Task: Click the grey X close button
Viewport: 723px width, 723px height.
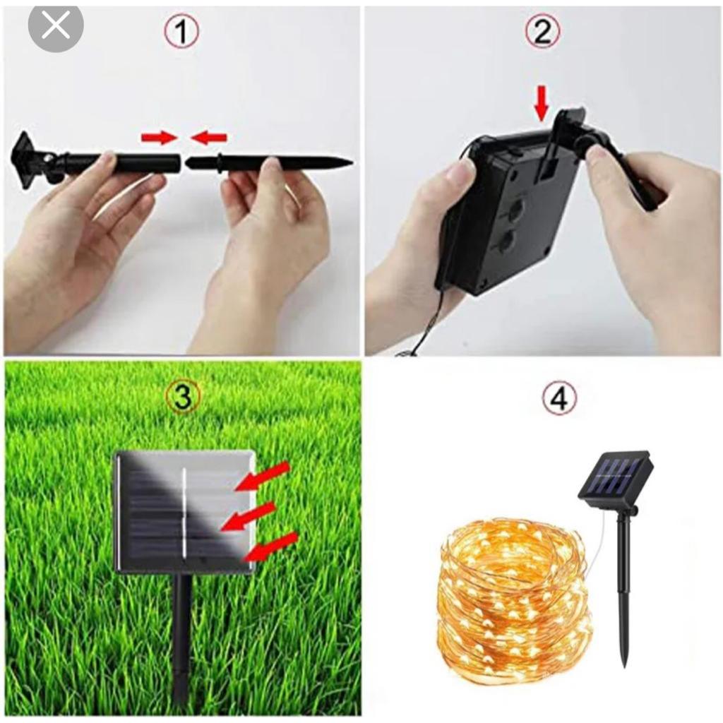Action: coord(55,27)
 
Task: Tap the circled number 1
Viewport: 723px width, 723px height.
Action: coord(182,31)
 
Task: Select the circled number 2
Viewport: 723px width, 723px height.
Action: coord(543,31)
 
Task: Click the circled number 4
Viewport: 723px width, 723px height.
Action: coord(560,399)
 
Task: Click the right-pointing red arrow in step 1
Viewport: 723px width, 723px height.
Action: coord(160,137)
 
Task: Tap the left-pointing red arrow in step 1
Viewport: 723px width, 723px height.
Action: coord(209,137)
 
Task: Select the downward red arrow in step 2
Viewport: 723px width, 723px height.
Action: coord(542,106)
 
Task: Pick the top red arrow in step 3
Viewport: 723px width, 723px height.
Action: coord(263,475)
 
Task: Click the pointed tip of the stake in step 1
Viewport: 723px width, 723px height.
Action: coord(352,163)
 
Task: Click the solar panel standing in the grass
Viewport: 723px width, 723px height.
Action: coord(184,512)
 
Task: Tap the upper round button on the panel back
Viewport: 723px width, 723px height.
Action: coord(515,209)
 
